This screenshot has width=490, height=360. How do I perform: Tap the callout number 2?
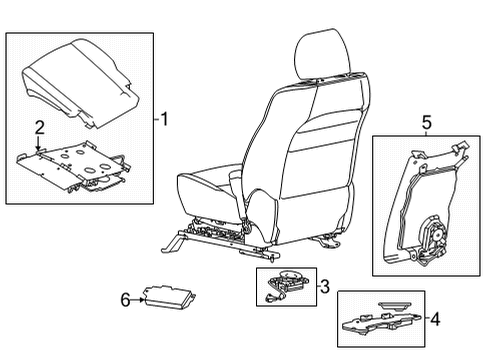coord(40,127)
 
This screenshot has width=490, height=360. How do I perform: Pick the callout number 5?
coord(426,122)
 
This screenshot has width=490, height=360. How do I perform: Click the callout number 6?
coord(126,298)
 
